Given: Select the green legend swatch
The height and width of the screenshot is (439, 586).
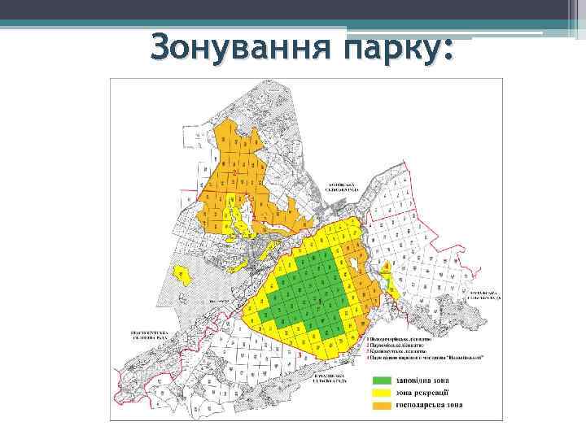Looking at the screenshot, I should [382, 380].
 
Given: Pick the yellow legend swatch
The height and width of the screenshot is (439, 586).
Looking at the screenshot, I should [382, 392].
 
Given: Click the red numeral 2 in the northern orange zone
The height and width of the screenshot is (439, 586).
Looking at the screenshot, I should [235, 174].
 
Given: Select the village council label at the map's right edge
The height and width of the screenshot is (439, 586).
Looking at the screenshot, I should [486, 295].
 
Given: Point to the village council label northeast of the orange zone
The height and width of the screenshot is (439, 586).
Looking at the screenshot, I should [343, 186].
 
